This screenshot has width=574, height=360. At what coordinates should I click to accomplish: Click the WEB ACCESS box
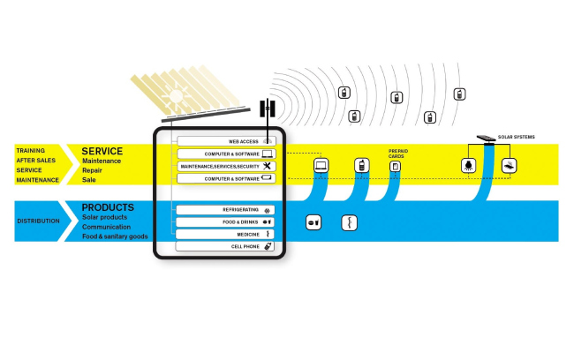point(226,141)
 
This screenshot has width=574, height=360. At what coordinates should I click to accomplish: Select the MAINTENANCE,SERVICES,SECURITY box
point(226,166)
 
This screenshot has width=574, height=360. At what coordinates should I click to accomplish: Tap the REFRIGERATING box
point(226,210)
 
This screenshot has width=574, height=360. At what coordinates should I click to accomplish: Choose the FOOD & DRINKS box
point(226,222)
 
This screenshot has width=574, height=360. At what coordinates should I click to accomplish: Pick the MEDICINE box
point(226,235)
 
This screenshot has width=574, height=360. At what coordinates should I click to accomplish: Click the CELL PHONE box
point(226,247)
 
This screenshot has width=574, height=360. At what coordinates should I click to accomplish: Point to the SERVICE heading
point(102,151)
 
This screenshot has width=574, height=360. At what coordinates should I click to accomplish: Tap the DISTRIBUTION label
point(38,221)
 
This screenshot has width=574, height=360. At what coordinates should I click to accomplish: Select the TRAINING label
point(30,151)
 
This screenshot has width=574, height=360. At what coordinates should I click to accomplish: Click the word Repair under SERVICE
point(94,169)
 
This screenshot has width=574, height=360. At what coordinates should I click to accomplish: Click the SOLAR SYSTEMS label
point(517,137)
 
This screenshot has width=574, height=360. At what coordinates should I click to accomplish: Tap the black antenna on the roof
point(268,109)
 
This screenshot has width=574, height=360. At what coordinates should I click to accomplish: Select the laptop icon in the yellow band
point(321,165)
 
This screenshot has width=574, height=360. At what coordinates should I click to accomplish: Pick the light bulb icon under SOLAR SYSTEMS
point(467,165)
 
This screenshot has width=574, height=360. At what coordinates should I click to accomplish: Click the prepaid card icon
point(396,166)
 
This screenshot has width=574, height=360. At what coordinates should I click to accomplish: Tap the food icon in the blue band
point(313,222)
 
